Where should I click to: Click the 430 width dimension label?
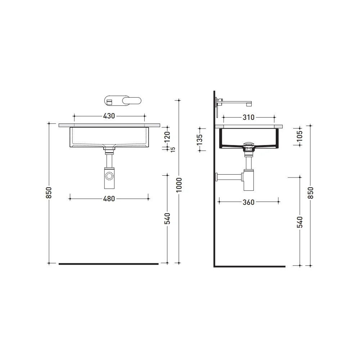pos(109,116)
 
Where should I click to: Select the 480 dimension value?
pos(109,199)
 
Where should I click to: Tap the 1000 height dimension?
pos(179,185)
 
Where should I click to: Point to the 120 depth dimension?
pos(167,137)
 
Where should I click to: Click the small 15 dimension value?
pos(173,149)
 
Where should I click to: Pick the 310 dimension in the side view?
pos(248,117)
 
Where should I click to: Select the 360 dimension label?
pos(248,202)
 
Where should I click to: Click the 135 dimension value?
pos(199,139)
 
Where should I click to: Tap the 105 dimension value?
pos(300,136)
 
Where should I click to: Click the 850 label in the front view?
pos(49,193)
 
